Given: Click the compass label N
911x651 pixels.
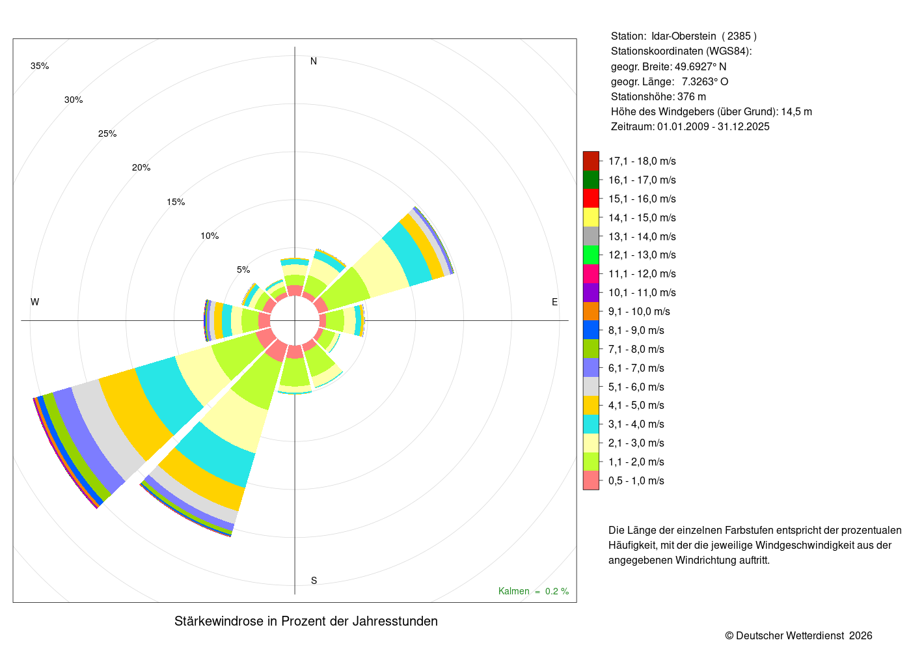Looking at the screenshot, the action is (313, 61).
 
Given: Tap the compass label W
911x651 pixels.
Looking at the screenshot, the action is (35, 302).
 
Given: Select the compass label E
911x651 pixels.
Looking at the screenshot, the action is (554, 302).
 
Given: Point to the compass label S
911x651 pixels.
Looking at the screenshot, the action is (314, 581).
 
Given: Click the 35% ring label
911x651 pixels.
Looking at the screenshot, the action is (40, 66).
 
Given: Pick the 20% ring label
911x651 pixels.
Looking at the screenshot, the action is (141, 167).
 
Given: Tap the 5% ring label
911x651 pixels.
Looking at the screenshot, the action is (243, 270).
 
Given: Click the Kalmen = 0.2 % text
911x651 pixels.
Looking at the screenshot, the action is (534, 591).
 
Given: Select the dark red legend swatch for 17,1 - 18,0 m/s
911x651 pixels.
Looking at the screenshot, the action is (591, 161).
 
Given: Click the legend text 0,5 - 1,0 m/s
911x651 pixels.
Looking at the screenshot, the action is (636, 480).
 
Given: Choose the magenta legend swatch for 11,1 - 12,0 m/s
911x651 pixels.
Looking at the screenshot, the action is (591, 274).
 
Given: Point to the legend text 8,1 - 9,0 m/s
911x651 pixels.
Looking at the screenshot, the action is (636, 331).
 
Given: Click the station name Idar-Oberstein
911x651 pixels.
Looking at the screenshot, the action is (684, 36).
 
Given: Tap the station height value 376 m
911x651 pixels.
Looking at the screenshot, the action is (691, 97).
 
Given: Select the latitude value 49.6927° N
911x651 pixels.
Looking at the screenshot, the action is (700, 66).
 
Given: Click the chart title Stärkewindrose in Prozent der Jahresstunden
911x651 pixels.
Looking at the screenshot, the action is (306, 621).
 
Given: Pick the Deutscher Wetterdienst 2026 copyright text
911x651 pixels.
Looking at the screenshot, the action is (798, 635).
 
